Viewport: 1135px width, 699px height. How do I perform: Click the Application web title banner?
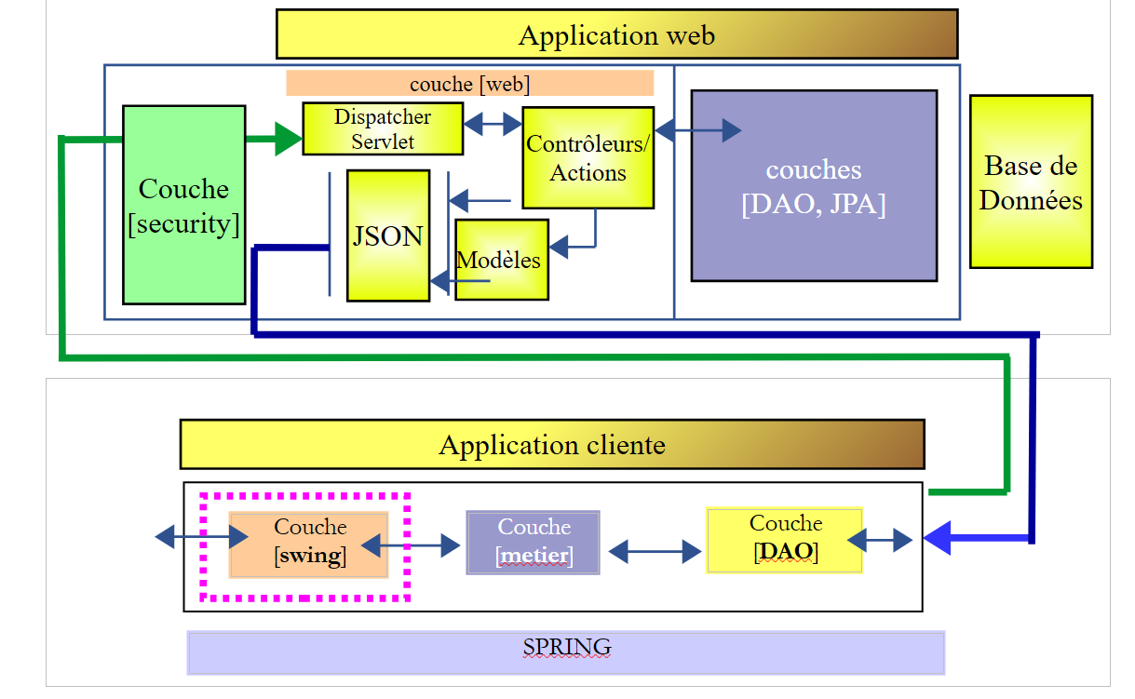pyautogui.click(x=616, y=34)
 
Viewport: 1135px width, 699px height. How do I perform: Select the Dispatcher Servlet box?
pyautogui.click(x=383, y=128)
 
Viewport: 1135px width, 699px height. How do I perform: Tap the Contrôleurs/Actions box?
pyautogui.click(x=588, y=157)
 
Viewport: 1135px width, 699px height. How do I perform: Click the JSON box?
pyautogui.click(x=388, y=235)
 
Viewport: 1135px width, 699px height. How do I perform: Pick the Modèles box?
pyautogui.click(x=501, y=260)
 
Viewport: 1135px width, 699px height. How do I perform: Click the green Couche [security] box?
pyautogui.click(x=184, y=205)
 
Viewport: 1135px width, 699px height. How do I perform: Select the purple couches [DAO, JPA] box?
pyautogui.click(x=814, y=185)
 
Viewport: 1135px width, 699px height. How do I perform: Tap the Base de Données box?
pyautogui.click(x=1031, y=181)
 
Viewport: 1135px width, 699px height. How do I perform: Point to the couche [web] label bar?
pyautogui.click(x=469, y=84)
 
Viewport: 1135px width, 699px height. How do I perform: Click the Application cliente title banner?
pyautogui.click(x=552, y=444)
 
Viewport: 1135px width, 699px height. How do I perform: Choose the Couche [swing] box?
pyautogui.click(x=309, y=544)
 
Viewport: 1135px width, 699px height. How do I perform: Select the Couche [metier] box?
pyautogui.click(x=534, y=543)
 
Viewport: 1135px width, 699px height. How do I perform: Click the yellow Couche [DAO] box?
pyautogui.click(x=785, y=540)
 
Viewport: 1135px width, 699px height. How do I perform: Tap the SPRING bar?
pyautogui.click(x=566, y=652)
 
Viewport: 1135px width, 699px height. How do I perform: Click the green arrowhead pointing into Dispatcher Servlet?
pyautogui.click(x=289, y=140)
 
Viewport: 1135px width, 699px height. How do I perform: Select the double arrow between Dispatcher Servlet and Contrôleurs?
pyautogui.click(x=493, y=124)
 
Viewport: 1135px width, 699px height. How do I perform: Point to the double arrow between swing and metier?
pyautogui.click(x=411, y=545)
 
